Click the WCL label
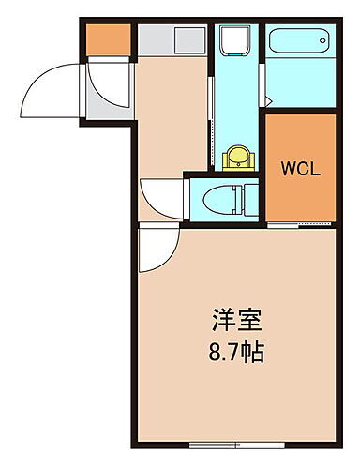tap(302, 170)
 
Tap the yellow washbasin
tap(239, 156)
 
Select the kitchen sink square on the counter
tap(188, 40)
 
